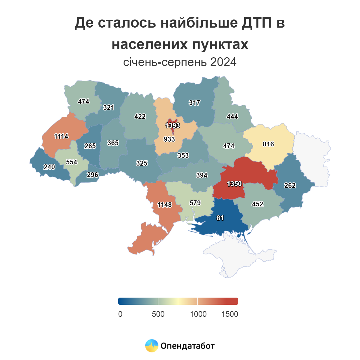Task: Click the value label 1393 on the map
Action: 172,125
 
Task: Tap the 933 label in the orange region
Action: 169,139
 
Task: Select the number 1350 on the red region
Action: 234,184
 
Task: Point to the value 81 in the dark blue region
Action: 220,218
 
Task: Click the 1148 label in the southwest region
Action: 165,205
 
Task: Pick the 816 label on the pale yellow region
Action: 268,144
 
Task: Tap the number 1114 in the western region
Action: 61,136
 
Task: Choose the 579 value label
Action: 195,203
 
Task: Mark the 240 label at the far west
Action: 49,167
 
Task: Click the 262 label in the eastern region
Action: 290,185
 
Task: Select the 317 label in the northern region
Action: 194,103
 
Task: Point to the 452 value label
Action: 257,204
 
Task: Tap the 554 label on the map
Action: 72,162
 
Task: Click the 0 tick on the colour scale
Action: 120,314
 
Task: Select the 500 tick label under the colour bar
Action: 158,314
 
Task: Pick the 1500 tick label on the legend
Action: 229,314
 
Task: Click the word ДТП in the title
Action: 256,23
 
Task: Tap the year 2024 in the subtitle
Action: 223,62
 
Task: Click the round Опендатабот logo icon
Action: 151,346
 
